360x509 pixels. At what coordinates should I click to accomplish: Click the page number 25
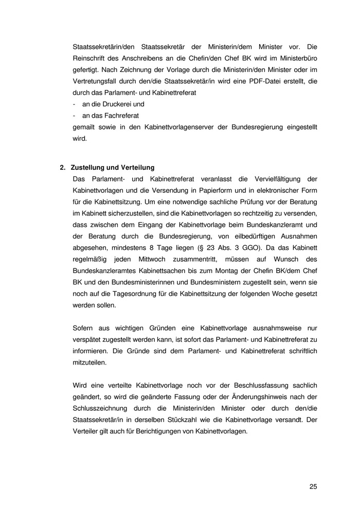click(313, 486)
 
